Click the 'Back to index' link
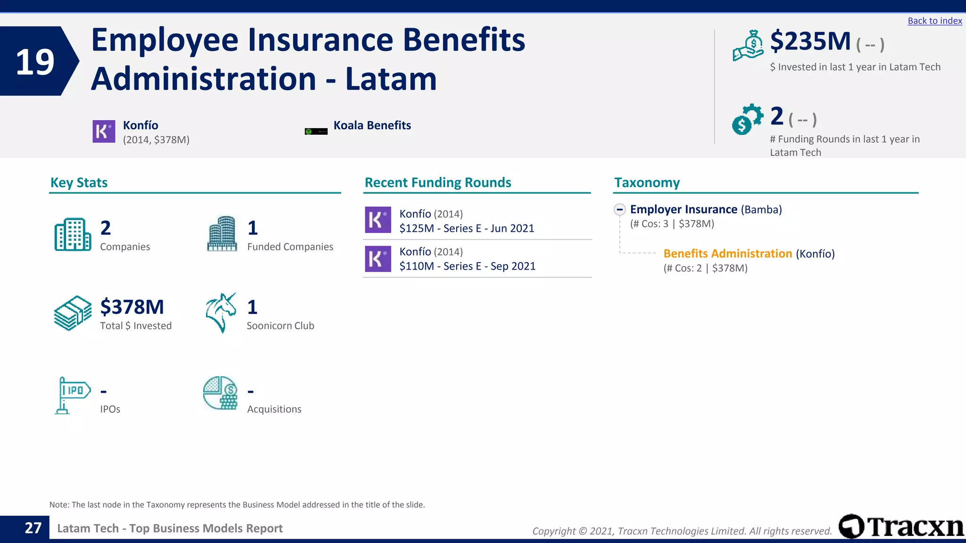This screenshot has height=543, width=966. (x=934, y=21)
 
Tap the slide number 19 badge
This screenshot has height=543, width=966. (x=35, y=62)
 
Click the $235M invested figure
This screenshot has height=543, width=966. (x=810, y=41)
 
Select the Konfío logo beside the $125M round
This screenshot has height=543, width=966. (x=378, y=220)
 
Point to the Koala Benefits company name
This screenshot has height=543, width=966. (x=372, y=125)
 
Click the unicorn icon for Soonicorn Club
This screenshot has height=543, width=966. (x=221, y=313)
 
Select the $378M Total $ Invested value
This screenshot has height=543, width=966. (x=132, y=307)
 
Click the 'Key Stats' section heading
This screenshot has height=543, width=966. (x=79, y=182)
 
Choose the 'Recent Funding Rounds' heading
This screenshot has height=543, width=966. (x=438, y=182)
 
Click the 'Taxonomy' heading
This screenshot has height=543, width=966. (x=647, y=182)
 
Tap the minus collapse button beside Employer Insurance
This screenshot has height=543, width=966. (x=620, y=209)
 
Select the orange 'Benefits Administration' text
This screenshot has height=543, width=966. (x=727, y=254)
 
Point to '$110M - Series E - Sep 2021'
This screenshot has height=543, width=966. (x=467, y=266)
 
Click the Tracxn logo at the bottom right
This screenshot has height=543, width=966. (x=901, y=527)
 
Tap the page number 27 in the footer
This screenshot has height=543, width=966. (x=33, y=528)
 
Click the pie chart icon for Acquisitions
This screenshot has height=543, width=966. (x=220, y=393)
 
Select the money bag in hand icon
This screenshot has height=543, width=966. (x=748, y=45)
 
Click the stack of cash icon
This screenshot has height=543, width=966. (x=73, y=313)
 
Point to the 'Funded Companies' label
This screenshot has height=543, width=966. (x=290, y=247)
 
